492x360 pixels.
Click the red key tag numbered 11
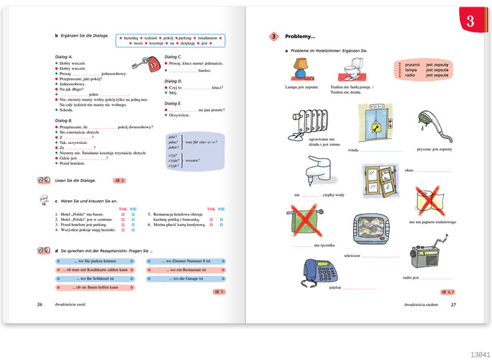155,66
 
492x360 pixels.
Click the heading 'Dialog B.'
64,121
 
